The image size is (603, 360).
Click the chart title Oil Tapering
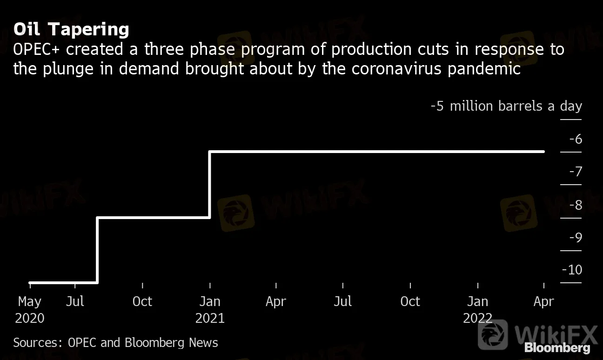pyautogui.click(x=71, y=29)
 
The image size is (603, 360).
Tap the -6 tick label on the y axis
pyautogui.click(x=575, y=139)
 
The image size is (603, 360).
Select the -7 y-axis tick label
pyautogui.click(x=575, y=172)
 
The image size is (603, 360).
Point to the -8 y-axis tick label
pyautogui.click(x=575, y=205)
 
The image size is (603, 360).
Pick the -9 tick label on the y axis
pyautogui.click(x=575, y=238)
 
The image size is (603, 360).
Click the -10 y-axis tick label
pyautogui.click(x=572, y=270)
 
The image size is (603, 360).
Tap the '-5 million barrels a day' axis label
pyautogui.click(x=506, y=106)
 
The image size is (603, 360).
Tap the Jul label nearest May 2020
pyautogui.click(x=75, y=301)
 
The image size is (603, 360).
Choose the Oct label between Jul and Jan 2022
pyautogui.click(x=410, y=301)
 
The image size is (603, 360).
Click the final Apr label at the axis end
pyautogui.click(x=544, y=301)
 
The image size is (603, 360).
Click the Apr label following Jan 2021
pyautogui.click(x=276, y=301)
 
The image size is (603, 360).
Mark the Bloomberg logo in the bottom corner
pyautogui.click(x=557, y=347)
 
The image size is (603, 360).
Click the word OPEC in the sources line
pyautogui.click(x=83, y=343)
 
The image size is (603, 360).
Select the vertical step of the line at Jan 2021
pyautogui.click(x=210, y=184)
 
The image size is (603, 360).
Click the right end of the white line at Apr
pyautogui.click(x=543, y=152)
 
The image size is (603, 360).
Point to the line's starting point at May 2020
pyautogui.click(x=30, y=282)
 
